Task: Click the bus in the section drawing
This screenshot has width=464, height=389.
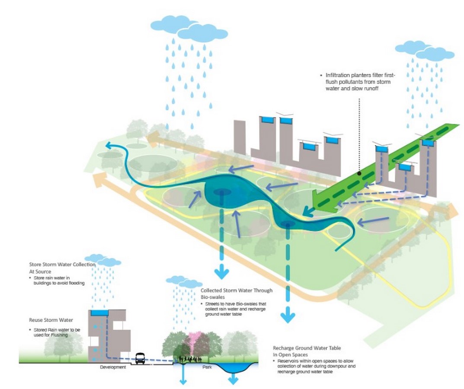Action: point(140,358)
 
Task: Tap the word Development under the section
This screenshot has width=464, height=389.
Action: point(113,367)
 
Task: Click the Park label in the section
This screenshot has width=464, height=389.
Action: point(207,367)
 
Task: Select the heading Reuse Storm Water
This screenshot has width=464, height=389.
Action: point(51,320)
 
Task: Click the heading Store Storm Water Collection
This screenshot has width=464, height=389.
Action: point(62,265)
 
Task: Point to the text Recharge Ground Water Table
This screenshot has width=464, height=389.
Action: point(307,348)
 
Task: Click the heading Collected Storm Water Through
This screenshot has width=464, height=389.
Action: point(237,290)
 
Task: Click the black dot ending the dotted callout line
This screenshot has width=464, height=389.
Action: point(359,173)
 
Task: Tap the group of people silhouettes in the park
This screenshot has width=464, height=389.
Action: point(189,359)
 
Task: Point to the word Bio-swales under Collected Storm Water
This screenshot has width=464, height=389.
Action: point(213,297)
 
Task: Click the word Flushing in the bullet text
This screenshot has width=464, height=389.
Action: point(59,335)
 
